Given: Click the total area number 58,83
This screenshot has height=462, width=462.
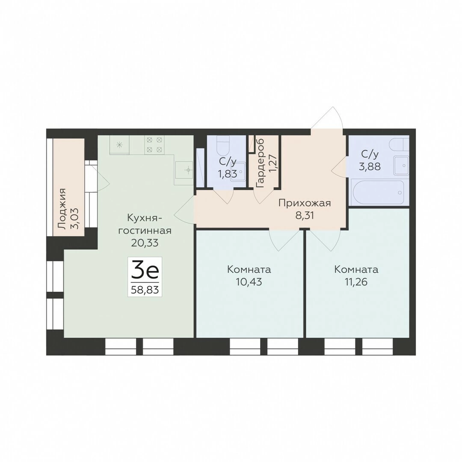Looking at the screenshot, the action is click(x=145, y=290).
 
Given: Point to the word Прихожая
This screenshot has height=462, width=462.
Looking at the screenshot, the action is click(x=305, y=203).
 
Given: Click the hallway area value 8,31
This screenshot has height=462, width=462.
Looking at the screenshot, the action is click(x=305, y=216).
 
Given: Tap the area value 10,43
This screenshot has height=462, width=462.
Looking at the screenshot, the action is click(x=249, y=282).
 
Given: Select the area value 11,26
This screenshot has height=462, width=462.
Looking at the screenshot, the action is click(x=356, y=282).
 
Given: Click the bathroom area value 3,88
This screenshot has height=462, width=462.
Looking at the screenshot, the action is click(x=370, y=167).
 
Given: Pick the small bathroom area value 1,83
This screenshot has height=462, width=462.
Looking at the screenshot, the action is click(x=227, y=174).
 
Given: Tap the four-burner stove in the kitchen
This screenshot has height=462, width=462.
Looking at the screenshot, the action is click(x=154, y=145).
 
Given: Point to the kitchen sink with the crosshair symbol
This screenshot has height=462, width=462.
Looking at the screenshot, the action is click(x=184, y=170).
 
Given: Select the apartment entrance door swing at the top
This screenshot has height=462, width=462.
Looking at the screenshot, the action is click(x=327, y=118).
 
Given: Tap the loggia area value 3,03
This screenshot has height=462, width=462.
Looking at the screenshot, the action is click(x=75, y=218).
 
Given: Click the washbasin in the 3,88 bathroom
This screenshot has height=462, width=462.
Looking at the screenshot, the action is click(x=401, y=166).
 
